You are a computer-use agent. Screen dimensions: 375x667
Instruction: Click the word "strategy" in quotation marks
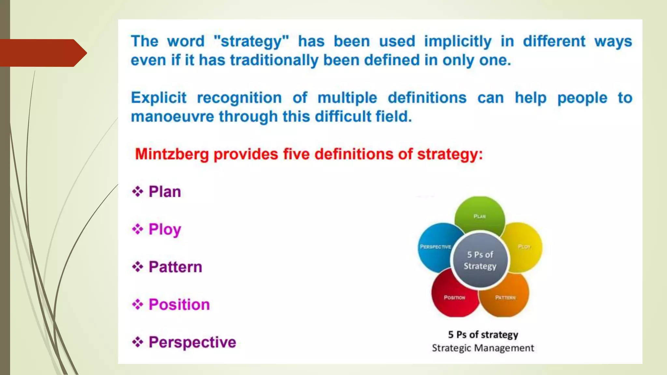click(251, 42)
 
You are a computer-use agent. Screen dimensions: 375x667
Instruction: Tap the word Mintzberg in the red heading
click(172, 154)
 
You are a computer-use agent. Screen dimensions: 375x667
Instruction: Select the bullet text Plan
click(164, 191)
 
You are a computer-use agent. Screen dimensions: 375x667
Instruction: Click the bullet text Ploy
click(165, 229)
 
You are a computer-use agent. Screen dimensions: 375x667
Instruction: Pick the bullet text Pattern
click(175, 267)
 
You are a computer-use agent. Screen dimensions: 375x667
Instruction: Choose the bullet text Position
click(179, 304)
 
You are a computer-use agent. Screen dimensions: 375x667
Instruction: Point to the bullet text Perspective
click(192, 342)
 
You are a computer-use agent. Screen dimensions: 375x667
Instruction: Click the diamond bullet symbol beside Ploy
click(137, 229)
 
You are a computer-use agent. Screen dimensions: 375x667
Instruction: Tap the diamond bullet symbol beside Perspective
click(137, 342)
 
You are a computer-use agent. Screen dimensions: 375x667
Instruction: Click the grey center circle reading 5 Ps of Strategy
click(480, 260)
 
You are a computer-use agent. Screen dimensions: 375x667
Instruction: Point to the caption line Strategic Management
click(483, 348)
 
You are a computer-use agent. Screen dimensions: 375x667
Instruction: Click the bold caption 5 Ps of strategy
click(483, 334)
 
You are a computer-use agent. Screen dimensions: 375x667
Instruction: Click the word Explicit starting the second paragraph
click(159, 98)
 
